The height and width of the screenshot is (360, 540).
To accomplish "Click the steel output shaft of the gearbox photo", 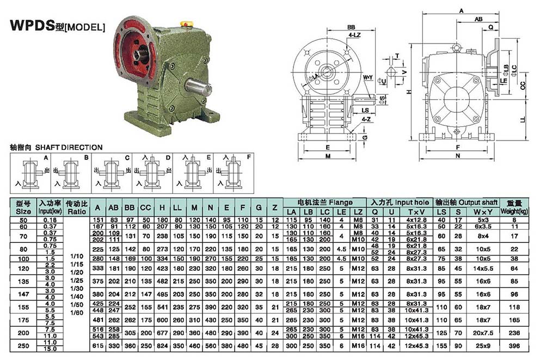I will [x=198, y=87].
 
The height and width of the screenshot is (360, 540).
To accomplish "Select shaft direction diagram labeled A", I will [x=30, y=172].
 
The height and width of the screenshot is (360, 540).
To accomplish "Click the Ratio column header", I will [x=77, y=206].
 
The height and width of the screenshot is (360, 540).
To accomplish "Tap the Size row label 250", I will [x=23, y=346].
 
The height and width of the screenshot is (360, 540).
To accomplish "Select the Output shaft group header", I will [x=467, y=202].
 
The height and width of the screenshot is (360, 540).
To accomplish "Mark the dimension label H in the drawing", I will [x=408, y=92].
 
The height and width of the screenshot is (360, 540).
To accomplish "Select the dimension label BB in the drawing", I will [x=351, y=26].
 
